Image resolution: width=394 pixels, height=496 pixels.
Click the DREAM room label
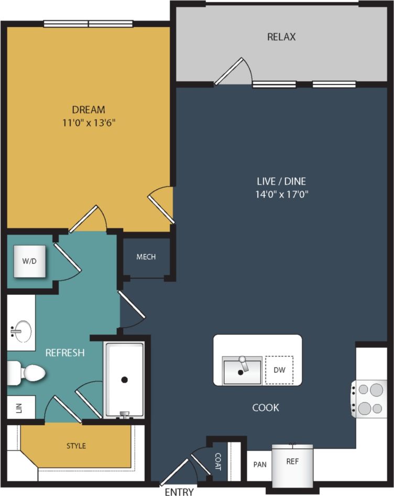[x=89, y=110]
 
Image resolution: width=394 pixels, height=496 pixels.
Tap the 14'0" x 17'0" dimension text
[x=281, y=195]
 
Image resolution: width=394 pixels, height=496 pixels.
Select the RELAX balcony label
[x=281, y=37]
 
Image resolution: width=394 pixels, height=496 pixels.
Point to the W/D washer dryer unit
[x=30, y=261]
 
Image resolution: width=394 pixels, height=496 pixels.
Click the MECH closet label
[x=146, y=257]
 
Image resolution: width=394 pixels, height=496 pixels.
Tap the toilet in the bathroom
[x=29, y=373]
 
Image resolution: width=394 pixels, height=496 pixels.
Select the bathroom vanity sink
[x=21, y=331]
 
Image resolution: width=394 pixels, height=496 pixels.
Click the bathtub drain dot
[x=125, y=380]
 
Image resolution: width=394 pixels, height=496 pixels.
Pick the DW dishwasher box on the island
[x=279, y=370]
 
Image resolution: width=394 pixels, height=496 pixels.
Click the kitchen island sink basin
[x=242, y=371]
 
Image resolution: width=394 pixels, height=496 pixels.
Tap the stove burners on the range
[x=370, y=399]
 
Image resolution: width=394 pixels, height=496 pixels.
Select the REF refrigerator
[x=292, y=462]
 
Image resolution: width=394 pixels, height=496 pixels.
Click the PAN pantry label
[x=259, y=465]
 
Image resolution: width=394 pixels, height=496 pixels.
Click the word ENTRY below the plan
[x=179, y=492]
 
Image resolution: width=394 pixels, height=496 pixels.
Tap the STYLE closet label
[x=76, y=446]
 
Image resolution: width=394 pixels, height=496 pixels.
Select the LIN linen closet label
[x=19, y=408]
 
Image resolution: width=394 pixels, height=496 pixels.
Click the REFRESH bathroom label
[x=65, y=353]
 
